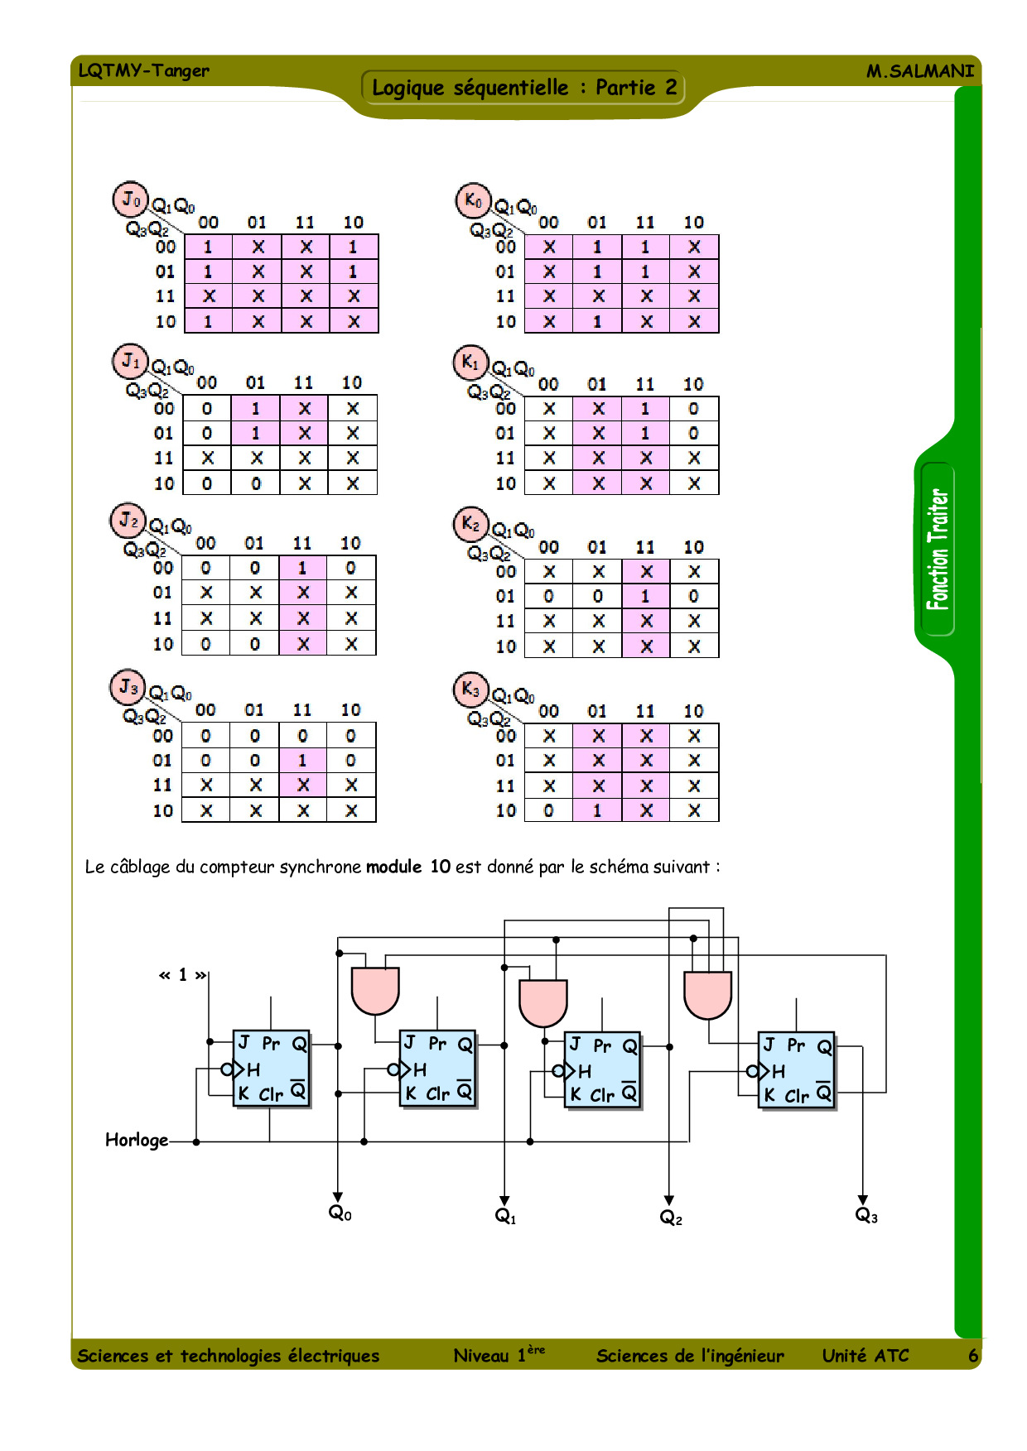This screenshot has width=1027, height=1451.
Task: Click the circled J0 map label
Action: [x=130, y=199]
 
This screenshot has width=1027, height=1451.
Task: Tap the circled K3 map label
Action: [x=470, y=689]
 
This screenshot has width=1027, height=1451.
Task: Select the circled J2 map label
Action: [x=128, y=521]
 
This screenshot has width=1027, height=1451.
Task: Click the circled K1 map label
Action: [x=470, y=363]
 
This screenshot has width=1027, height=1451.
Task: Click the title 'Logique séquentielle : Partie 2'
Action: [x=523, y=88]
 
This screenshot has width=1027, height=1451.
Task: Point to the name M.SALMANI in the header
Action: [x=919, y=71]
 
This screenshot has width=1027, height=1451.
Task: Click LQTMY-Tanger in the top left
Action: [x=144, y=70]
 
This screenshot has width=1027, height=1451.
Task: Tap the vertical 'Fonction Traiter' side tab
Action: [x=938, y=550]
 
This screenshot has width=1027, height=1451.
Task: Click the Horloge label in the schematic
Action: [x=137, y=1141]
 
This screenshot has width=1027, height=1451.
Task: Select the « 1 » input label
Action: [x=182, y=975]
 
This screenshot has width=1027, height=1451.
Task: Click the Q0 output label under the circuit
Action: [x=340, y=1213]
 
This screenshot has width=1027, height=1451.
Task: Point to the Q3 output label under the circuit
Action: [x=865, y=1215]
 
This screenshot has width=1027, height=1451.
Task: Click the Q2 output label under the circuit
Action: [x=670, y=1217]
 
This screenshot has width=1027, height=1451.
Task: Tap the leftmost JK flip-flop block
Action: [x=272, y=1069]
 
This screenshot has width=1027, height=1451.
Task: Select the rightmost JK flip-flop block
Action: [x=797, y=1069]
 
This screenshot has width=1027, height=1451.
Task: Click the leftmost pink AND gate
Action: [x=375, y=990]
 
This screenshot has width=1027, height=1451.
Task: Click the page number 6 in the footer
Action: [x=973, y=1356]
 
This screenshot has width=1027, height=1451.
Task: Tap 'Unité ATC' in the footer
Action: [x=865, y=1356]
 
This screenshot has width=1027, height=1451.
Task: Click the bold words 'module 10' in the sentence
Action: [x=408, y=867]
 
